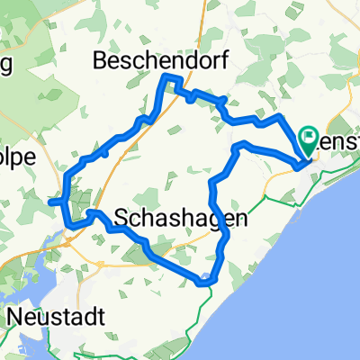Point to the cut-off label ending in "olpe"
pyautogui.click(x=18, y=156)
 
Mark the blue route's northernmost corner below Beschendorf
pyautogui.click(x=166, y=78)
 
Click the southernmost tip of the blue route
pyautogui.click(x=205, y=283)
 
